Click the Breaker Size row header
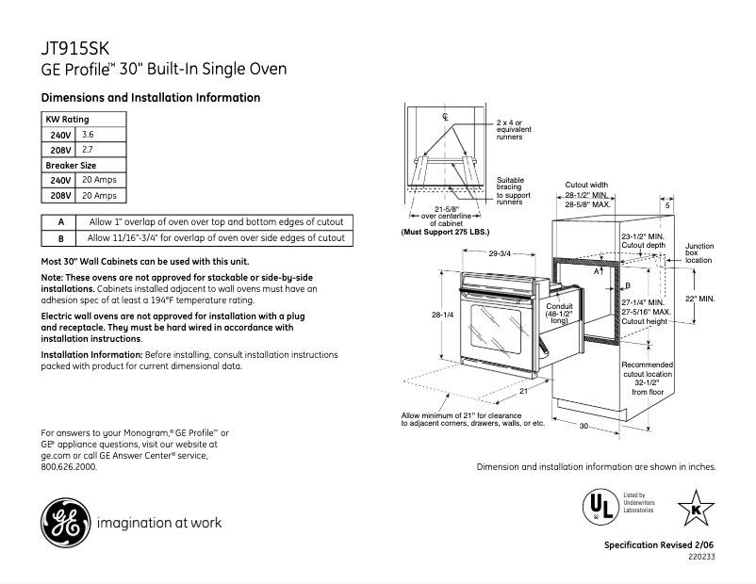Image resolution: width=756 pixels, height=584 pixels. pyautogui.click(x=72, y=165)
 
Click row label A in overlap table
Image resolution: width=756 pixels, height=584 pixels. pyautogui.click(x=60, y=222)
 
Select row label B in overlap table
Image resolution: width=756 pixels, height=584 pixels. pyautogui.click(x=60, y=239)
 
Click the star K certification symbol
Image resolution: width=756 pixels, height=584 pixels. pyautogui.click(x=696, y=509)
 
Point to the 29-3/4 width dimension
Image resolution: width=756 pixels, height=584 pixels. pyautogui.click(x=501, y=252)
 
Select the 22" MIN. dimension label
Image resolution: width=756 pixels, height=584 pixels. pyautogui.click(x=700, y=299)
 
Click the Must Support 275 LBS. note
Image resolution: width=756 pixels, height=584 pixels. pyautogui.click(x=446, y=231)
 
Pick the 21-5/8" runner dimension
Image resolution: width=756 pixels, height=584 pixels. pyautogui.click(x=446, y=208)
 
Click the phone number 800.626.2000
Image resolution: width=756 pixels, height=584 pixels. pyautogui.click(x=69, y=466)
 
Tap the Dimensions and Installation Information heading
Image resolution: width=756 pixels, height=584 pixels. pyautogui.click(x=151, y=98)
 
